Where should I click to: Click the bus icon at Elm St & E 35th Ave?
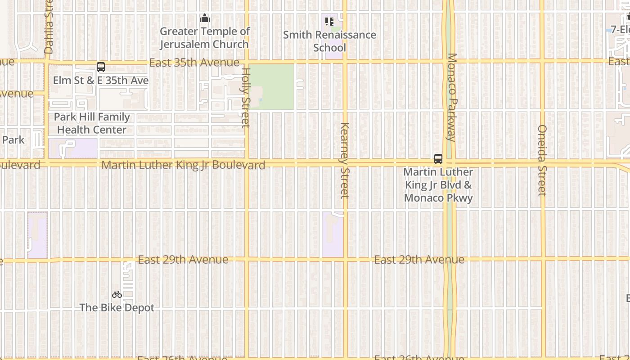101,67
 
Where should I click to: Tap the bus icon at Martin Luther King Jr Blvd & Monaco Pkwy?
438,158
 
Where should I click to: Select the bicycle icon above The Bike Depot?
117,294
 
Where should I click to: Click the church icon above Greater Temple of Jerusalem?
205,18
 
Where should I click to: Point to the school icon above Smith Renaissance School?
329,21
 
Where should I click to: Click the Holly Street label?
246,97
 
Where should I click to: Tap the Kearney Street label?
345,160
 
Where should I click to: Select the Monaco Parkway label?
452,97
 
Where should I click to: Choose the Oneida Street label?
542,160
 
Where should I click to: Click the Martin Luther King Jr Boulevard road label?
183,165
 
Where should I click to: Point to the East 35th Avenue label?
194,63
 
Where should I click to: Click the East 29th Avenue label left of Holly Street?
183,260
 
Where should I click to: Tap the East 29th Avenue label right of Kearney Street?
419,260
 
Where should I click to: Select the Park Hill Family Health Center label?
92,123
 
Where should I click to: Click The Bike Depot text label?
117,308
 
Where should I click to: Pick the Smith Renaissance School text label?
329,41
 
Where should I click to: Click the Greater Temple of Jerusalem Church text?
205,38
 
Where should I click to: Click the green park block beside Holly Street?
271,86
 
